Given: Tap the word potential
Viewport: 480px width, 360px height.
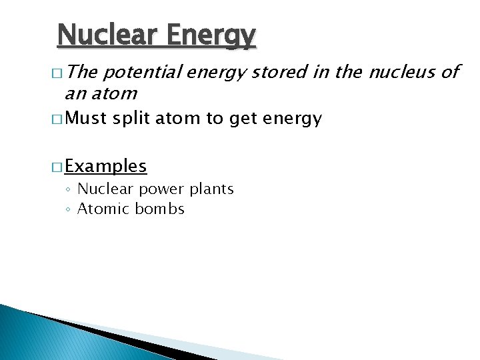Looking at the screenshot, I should [141, 72].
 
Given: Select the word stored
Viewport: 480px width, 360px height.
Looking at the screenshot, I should [272, 72].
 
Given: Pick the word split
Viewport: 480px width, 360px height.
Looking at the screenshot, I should [132, 119].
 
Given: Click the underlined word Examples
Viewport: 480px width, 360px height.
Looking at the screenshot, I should [107, 165].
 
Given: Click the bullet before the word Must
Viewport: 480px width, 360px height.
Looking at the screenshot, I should [58, 119].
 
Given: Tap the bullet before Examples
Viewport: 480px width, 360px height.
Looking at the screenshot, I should [58, 166].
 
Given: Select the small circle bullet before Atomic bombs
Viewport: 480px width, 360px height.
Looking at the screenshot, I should [69, 210].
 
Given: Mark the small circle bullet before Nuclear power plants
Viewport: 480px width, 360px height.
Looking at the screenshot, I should [69, 190].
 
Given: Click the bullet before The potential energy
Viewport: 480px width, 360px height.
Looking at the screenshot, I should [58, 73].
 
